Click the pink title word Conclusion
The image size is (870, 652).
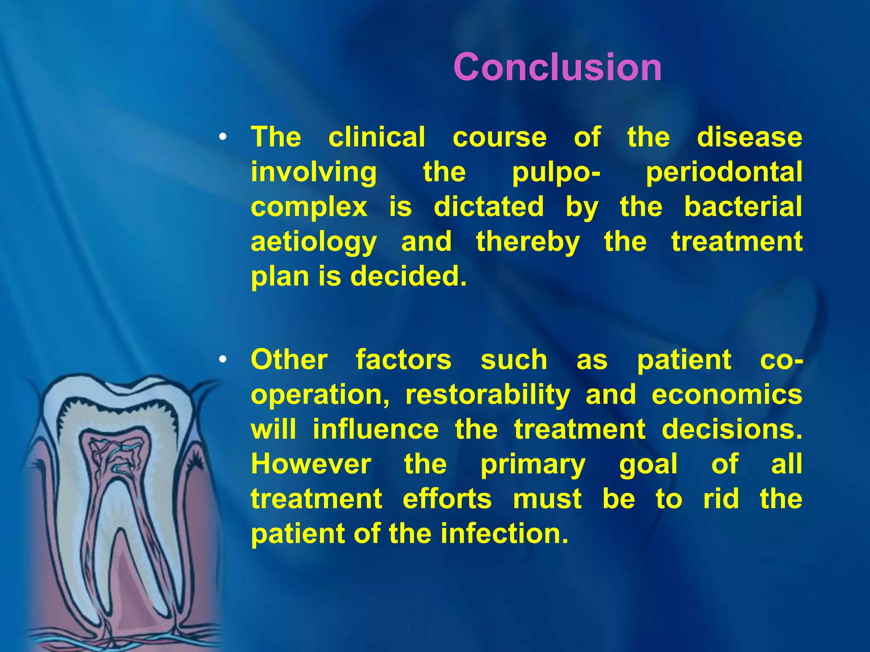557,67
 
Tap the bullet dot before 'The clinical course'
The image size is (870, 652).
222,137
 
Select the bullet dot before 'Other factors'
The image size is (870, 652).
222,360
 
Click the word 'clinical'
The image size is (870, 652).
376,137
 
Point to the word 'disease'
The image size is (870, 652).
749,137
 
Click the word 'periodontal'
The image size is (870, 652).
724,172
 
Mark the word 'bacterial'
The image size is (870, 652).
743,207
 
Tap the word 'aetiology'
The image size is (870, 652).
314,242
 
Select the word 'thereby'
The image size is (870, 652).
528,242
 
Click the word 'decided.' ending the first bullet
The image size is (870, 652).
408,276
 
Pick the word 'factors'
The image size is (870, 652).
403,360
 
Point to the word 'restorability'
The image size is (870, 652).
488,395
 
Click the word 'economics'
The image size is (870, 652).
727,395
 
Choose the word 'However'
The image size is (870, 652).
311,464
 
